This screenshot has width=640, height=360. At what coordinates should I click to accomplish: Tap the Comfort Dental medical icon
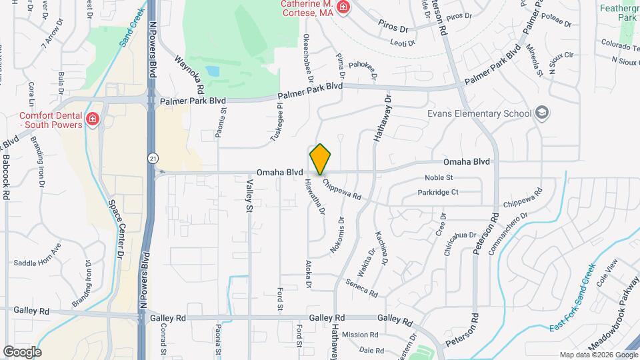[x=92, y=121]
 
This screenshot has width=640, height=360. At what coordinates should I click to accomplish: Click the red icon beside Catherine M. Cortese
[x=343, y=8]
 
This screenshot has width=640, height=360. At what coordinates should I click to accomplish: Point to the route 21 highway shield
[x=153, y=158]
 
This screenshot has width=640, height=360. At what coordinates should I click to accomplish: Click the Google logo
[x=22, y=351]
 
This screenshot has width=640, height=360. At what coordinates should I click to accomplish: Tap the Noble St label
[x=439, y=178]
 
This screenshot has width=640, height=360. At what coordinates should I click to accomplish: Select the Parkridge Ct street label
[x=438, y=193]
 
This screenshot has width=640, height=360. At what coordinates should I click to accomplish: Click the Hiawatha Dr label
[x=315, y=197]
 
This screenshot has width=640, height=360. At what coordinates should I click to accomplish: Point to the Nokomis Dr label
[x=337, y=235]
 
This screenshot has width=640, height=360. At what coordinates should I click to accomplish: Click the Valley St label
[x=250, y=197]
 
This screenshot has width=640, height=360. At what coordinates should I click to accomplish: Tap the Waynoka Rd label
[x=189, y=74]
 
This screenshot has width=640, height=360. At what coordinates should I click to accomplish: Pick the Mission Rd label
[x=360, y=335]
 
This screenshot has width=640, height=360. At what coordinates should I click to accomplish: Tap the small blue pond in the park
[x=213, y=71]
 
